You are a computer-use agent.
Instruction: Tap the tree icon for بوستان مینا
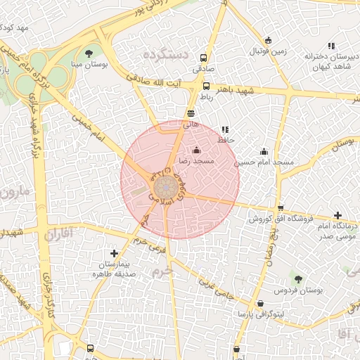[88, 53]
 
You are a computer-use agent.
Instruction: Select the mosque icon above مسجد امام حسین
[264, 151]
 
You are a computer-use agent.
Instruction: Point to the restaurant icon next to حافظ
[225, 130]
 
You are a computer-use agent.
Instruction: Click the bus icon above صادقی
[204, 58]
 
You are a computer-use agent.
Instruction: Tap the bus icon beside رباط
[206, 86]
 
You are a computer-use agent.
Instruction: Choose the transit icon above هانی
[191, 112]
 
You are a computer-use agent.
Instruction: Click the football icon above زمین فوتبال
[268, 40]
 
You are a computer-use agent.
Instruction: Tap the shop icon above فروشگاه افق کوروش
[281, 208]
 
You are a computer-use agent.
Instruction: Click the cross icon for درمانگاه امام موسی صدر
[338, 215]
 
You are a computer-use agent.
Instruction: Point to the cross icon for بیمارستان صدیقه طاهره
[114, 253]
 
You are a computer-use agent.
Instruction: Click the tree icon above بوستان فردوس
[299, 278]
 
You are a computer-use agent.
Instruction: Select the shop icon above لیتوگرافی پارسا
[260, 303]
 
